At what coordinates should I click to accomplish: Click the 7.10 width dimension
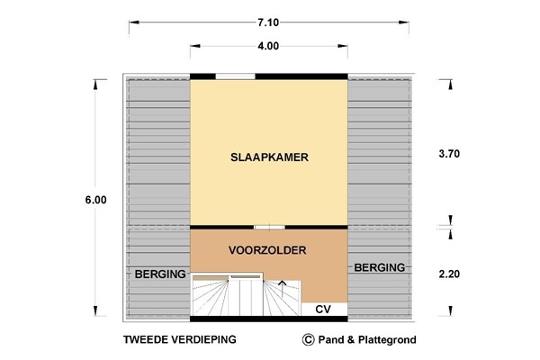point(270,21)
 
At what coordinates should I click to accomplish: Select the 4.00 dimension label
point(268,46)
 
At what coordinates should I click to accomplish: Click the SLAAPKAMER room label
point(269,157)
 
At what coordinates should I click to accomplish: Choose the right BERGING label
point(380,267)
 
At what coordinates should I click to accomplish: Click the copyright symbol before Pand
point(309,340)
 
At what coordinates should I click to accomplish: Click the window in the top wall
point(235,76)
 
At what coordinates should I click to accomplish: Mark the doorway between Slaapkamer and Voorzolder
point(262,226)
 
